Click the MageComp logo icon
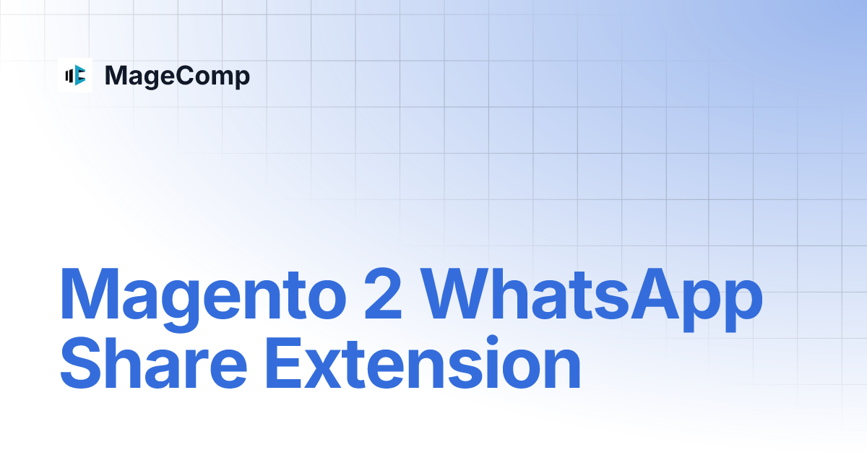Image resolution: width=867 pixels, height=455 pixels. tap(75, 75)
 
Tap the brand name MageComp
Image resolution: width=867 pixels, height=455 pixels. tap(177, 76)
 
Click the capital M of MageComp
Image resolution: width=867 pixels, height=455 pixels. tap(116, 76)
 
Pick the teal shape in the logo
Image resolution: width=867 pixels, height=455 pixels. tap(80, 75)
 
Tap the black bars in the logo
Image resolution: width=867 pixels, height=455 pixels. tap(69, 75)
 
